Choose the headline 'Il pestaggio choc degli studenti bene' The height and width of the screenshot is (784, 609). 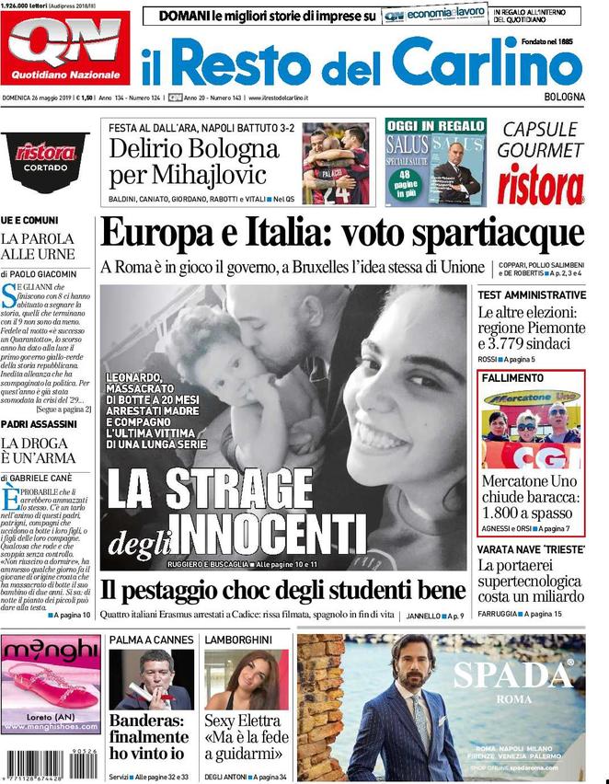click(x=282, y=591)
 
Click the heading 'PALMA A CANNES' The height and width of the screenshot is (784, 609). click(x=152, y=640)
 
